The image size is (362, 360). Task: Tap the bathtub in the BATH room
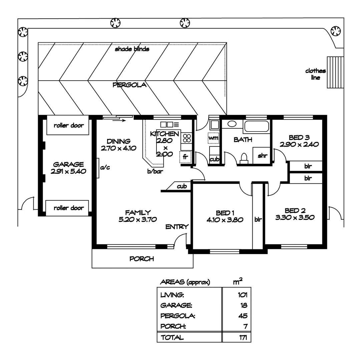pos(256,127)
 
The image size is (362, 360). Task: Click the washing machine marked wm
pos(214,137)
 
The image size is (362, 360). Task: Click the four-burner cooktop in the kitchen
pos(187,138)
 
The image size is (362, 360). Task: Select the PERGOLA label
pos(129,85)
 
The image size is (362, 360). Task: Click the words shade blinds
pos(132,49)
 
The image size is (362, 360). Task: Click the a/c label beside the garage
pos(105,168)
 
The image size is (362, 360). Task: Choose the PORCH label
pos(142,259)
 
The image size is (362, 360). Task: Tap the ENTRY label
pos(177,227)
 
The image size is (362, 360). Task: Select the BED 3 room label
pos(299,137)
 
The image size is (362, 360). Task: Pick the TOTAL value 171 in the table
pos(243,337)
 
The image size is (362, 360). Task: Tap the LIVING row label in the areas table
pos(172,295)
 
